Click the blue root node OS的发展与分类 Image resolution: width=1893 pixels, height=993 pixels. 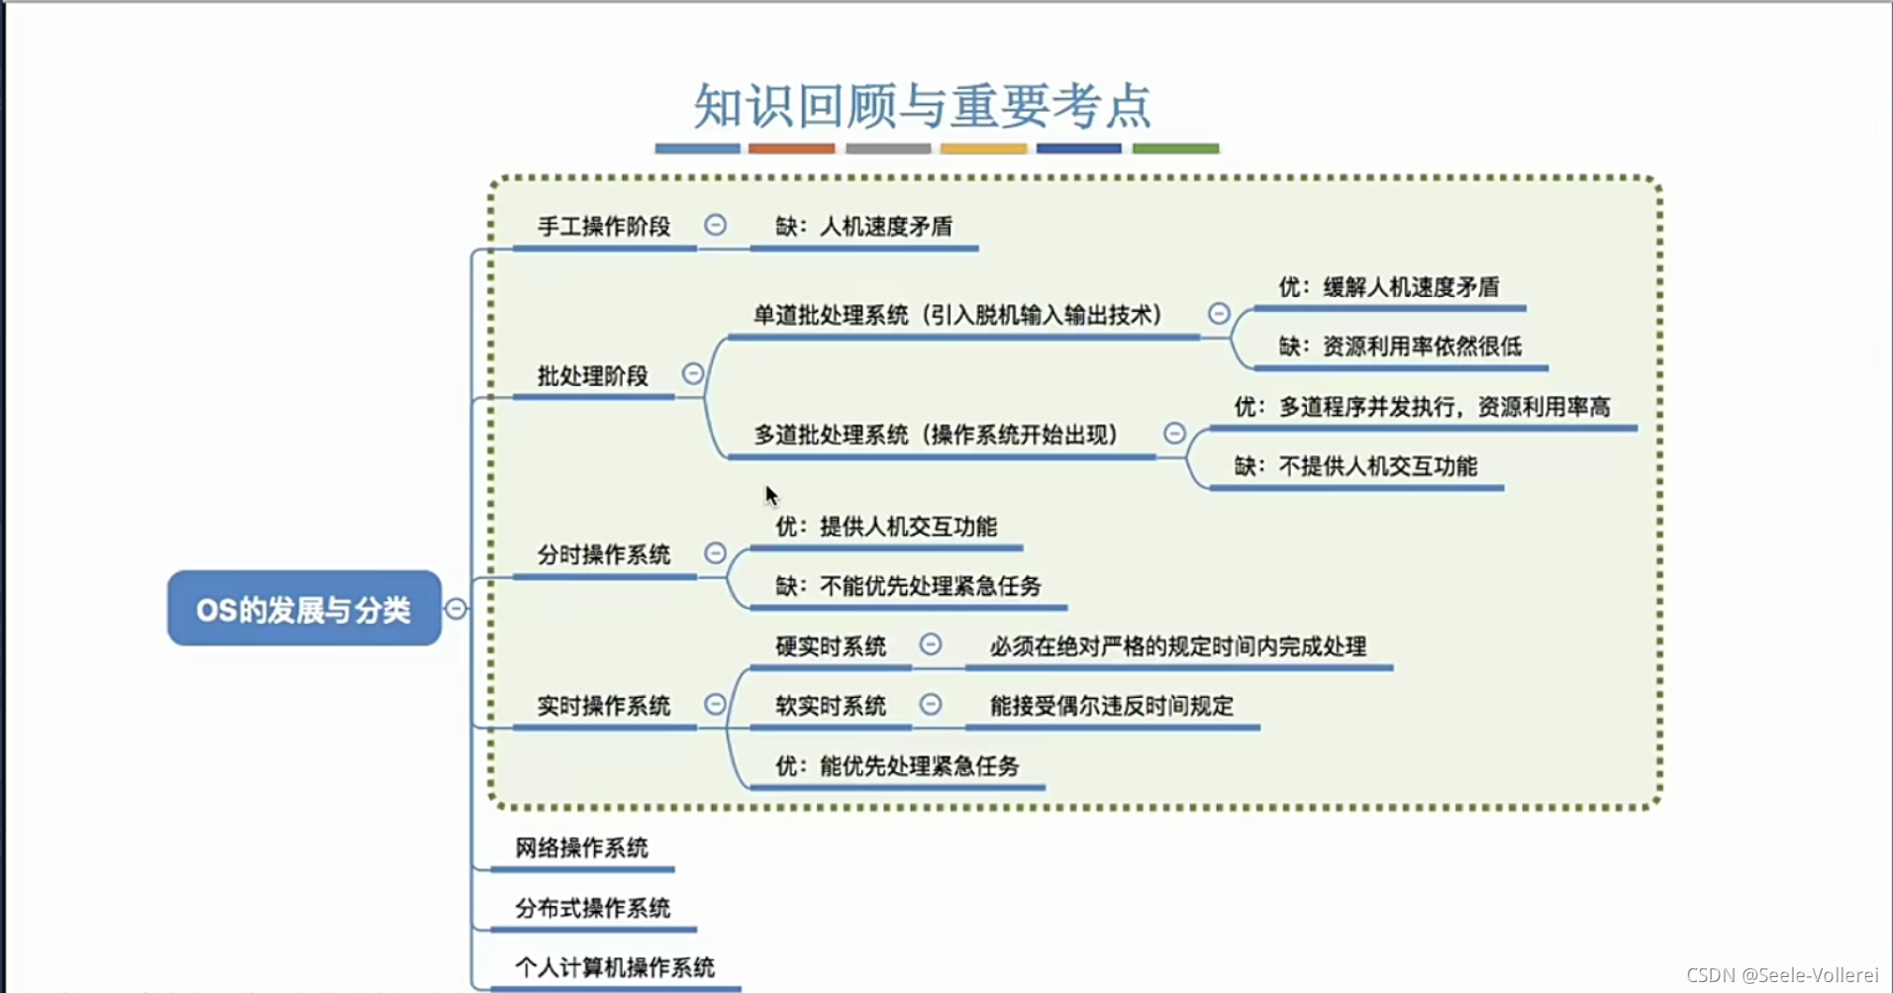pyautogui.click(x=304, y=608)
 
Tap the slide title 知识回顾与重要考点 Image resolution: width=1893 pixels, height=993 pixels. pyautogui.click(x=922, y=106)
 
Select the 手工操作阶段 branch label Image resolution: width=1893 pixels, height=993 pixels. pyautogui.click(x=604, y=227)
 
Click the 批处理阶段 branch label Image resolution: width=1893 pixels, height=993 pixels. pyautogui.click(x=592, y=376)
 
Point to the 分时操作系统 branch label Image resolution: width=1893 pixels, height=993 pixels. pyautogui.click(x=604, y=554)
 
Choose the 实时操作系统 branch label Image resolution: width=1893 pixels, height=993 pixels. pyautogui.click(x=604, y=706)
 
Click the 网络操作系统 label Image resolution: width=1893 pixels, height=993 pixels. pyautogui.click(x=581, y=847)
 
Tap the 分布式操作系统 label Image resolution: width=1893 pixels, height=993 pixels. pyautogui.click(x=592, y=908)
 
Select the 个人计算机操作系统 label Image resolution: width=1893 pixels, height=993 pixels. pyautogui.click(x=615, y=967)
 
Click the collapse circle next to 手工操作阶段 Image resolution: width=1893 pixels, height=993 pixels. pyautogui.click(x=715, y=225)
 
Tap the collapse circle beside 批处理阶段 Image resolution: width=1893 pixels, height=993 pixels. pyautogui.click(x=693, y=373)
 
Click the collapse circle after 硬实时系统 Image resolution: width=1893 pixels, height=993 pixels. pyautogui.click(x=931, y=645)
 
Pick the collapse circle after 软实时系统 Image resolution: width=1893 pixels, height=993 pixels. pyautogui.click(x=931, y=704)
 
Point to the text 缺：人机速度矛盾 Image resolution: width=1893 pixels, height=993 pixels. pyautogui.click(x=863, y=227)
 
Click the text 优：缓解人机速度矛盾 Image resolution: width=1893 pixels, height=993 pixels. pyautogui.click(x=1388, y=287)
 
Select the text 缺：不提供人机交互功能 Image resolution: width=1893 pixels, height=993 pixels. pyautogui.click(x=1355, y=466)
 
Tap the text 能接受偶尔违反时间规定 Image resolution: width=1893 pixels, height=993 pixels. pyautogui.click(x=1112, y=706)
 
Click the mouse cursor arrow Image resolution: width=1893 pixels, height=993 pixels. pyautogui.click(x=771, y=495)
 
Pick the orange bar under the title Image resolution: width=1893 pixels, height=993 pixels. pyautogui.click(x=791, y=149)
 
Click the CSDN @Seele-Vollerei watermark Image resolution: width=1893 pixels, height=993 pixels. pyautogui.click(x=1782, y=975)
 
